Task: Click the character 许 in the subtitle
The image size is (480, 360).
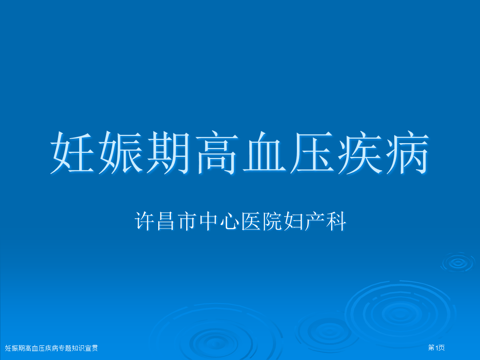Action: coord(144,221)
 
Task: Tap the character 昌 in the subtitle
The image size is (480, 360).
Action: coord(166,221)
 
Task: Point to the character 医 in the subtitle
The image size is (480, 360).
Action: coord(251,221)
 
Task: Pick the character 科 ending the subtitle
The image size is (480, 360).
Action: coord(336,221)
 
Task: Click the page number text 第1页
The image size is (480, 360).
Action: coord(436,348)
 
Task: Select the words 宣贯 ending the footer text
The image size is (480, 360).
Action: coord(92,348)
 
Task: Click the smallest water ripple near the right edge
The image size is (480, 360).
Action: coord(458,263)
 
